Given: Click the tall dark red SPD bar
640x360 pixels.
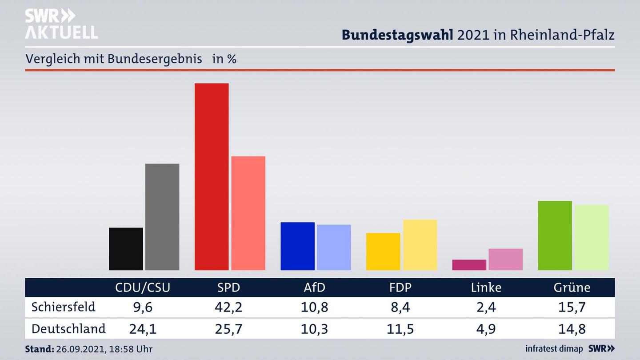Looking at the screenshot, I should (x=212, y=176).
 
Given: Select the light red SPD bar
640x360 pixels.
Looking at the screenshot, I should (x=248, y=213).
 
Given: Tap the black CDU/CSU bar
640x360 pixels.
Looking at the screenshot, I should (x=126, y=249).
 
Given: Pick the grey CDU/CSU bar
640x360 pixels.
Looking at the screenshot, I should (x=162, y=217).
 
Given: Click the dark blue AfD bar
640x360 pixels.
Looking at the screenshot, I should (x=297, y=246).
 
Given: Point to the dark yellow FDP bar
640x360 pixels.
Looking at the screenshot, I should (x=383, y=252).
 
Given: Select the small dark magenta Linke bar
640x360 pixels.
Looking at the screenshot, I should (x=469, y=265).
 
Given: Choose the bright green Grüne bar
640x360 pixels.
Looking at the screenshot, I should (x=555, y=236).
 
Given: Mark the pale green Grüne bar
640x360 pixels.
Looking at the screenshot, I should (x=592, y=237).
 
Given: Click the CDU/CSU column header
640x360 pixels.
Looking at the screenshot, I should (x=143, y=288).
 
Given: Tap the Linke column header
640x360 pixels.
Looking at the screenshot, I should (x=486, y=288).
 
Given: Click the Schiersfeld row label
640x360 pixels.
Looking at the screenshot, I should (x=63, y=307).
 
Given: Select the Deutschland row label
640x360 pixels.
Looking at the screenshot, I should (x=68, y=329).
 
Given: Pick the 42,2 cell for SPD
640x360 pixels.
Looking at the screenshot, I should (x=229, y=307).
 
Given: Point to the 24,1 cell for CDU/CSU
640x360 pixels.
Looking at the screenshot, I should (x=143, y=329).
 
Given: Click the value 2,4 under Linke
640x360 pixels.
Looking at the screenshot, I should (x=486, y=307).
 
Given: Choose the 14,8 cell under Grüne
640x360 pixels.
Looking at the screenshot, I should (x=572, y=329).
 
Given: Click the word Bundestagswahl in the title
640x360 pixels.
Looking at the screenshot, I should (x=397, y=35).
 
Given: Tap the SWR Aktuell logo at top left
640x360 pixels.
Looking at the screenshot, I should (x=61, y=24).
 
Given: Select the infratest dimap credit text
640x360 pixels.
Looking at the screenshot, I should (x=554, y=349).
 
